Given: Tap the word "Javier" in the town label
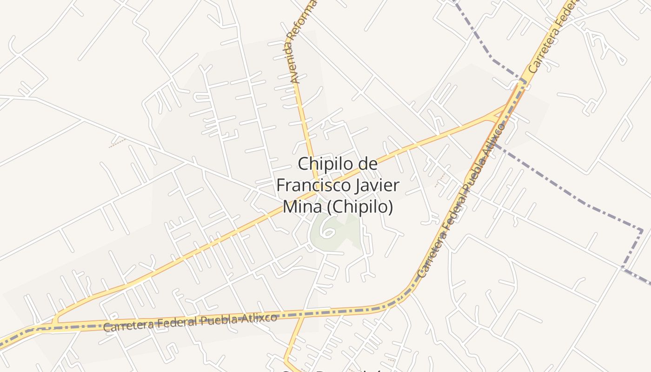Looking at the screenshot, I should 373,186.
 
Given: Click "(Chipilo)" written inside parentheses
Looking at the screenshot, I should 360,206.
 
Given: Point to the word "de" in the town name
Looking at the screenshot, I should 367,164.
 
